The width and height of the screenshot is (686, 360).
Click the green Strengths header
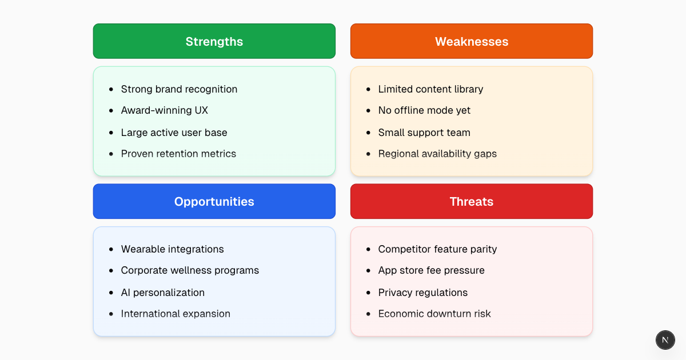click(x=214, y=41)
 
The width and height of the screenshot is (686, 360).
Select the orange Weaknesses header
click(x=472, y=41)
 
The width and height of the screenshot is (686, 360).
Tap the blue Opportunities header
click(x=214, y=201)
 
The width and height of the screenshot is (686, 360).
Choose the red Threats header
click(x=472, y=201)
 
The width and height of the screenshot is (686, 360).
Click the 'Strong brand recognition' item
click(x=179, y=89)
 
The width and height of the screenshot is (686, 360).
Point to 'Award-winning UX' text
click(x=161, y=110)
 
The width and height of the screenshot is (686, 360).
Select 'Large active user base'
click(x=174, y=133)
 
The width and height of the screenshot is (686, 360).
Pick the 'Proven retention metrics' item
click(x=178, y=154)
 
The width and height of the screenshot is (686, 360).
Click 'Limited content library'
click(x=430, y=89)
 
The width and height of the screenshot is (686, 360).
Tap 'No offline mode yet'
click(x=424, y=110)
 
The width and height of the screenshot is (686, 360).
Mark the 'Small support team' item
click(x=424, y=133)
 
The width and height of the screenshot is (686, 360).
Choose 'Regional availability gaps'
click(x=437, y=154)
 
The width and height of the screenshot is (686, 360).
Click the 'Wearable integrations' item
click(x=172, y=249)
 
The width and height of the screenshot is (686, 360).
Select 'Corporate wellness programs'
click(x=190, y=270)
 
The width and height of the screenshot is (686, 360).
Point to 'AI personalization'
click(x=162, y=293)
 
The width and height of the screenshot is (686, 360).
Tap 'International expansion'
click(x=176, y=314)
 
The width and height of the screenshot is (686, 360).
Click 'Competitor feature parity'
click(x=437, y=249)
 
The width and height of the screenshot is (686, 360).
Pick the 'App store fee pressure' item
click(x=431, y=270)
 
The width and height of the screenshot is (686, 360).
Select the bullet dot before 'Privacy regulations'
click(x=368, y=293)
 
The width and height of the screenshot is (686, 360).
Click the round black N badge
click(x=665, y=339)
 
